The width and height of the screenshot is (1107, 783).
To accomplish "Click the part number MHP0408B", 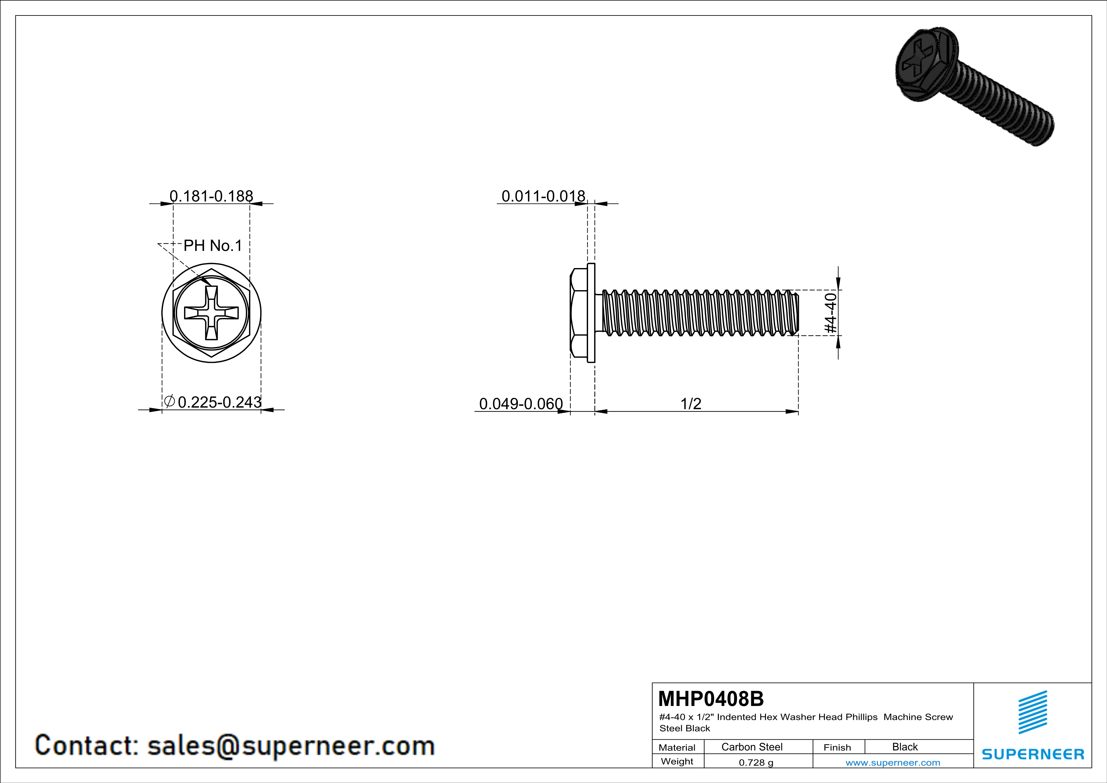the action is tap(711, 699).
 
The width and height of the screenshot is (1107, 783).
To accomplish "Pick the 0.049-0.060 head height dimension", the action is tap(521, 403).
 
